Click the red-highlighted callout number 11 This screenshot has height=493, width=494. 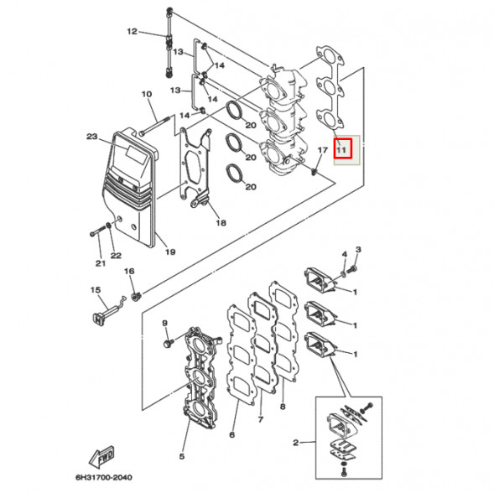point(341,150)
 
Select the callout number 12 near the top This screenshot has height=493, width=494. point(133,32)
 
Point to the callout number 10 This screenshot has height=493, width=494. point(145,94)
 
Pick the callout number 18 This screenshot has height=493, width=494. point(221,223)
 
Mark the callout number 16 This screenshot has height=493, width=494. point(129,272)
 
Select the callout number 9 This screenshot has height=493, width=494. point(165,324)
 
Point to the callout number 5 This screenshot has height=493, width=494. point(181,456)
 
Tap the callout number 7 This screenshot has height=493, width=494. point(261,418)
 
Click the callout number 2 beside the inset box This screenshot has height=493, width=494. point(295,442)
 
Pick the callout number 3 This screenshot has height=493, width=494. point(358,250)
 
